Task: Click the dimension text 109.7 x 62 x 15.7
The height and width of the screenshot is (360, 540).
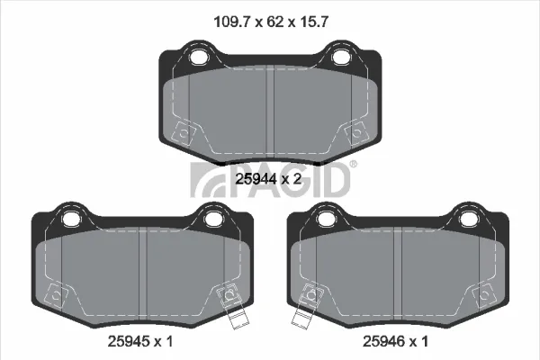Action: [x=271, y=22]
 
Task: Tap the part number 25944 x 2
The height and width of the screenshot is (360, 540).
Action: [x=268, y=179]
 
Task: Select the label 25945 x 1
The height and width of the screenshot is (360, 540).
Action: [x=140, y=341]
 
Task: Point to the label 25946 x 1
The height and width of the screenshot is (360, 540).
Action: [x=395, y=341]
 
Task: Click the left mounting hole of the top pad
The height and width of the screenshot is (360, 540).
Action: [x=198, y=57]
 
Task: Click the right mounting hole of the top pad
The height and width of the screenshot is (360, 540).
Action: [x=341, y=57]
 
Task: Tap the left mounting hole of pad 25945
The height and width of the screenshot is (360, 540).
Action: [x=71, y=219]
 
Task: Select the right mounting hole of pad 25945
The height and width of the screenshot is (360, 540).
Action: [x=212, y=219]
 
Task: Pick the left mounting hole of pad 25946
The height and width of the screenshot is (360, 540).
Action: [x=326, y=219]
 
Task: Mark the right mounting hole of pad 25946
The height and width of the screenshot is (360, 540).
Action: [x=468, y=219]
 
